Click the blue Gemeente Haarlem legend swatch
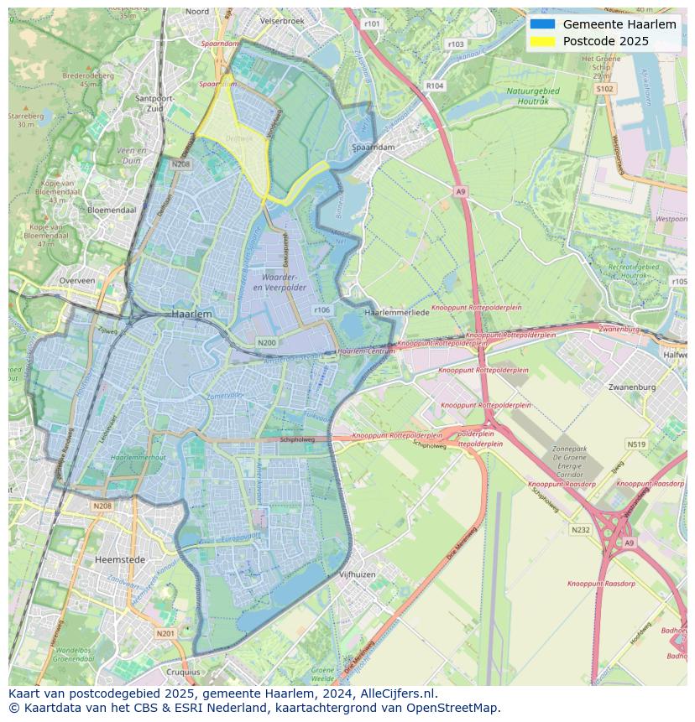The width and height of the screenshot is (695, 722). click(x=542, y=24)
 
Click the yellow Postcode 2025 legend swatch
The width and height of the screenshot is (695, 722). click(x=542, y=41)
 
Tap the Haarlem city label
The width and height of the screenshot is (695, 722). click(x=191, y=313)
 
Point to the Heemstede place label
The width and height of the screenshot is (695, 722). click(x=120, y=558)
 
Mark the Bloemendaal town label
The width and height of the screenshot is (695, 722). click(x=111, y=210)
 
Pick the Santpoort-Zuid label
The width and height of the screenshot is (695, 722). click(x=154, y=102)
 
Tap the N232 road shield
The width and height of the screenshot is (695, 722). click(x=580, y=529)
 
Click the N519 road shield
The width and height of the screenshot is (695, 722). click(x=636, y=444)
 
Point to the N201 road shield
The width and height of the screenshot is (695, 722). click(x=165, y=633)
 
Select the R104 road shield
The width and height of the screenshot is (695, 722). click(x=434, y=86)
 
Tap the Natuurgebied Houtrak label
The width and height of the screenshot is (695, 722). click(x=527, y=95)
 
